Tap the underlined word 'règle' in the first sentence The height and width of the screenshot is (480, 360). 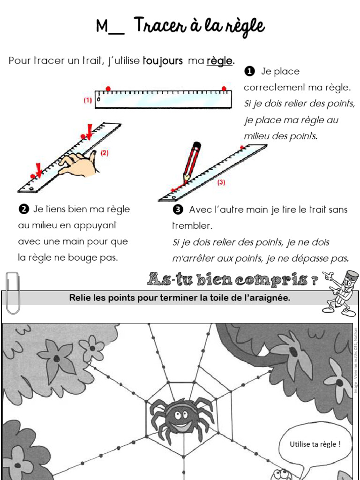(x=219, y=61)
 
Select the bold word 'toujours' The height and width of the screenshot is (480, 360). (x=163, y=61)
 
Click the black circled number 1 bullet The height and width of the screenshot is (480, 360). (x=249, y=71)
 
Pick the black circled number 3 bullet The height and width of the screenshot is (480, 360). (x=177, y=209)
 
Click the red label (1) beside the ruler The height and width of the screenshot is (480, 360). (x=88, y=100)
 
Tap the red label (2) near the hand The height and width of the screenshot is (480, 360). (x=104, y=152)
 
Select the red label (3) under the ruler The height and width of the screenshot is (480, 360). (x=221, y=183)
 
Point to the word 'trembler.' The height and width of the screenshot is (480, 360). (x=192, y=225)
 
